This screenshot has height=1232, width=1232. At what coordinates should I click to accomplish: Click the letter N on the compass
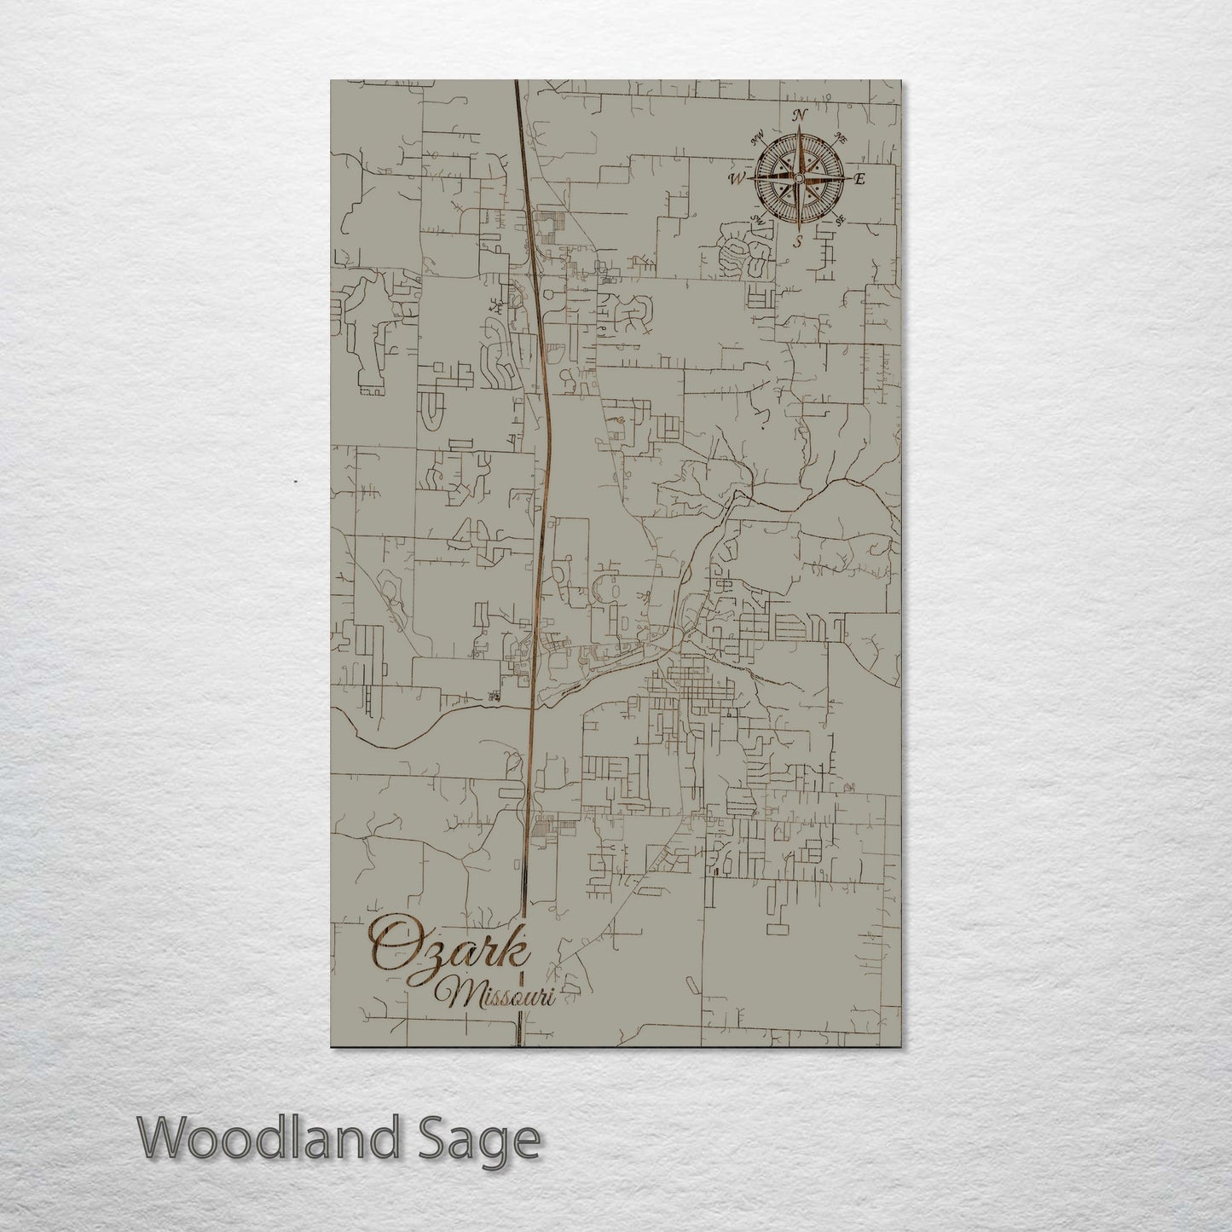coord(800,115)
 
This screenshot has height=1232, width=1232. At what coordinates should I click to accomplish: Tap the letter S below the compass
coord(799,241)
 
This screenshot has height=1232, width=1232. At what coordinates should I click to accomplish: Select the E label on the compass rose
coord(859,179)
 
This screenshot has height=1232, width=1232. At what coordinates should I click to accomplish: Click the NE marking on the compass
coord(840,138)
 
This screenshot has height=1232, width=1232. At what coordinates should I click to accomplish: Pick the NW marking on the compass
coord(757,137)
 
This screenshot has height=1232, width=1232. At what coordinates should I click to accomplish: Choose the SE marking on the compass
coord(840,220)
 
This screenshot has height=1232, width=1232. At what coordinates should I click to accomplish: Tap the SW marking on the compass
coord(756,220)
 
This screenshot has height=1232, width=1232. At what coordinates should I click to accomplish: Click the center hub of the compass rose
coord(799,178)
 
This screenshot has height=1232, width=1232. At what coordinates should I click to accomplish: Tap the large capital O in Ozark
coord(391,945)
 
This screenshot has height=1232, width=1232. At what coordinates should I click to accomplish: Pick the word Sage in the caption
coord(494,1140)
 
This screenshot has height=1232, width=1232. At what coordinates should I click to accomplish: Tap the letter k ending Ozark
coord(515,943)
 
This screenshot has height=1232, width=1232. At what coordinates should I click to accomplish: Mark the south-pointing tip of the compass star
coord(799,227)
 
